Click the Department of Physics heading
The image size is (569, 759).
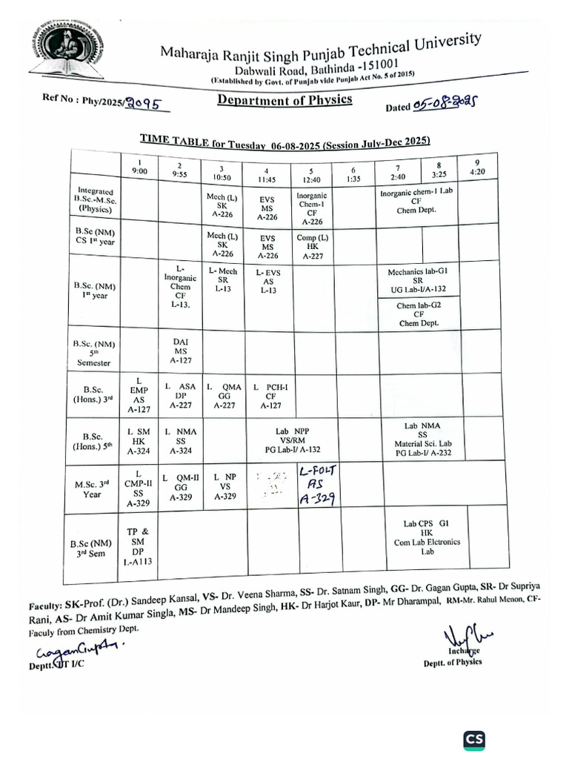coord(284,100)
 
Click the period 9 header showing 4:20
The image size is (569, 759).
coord(479,166)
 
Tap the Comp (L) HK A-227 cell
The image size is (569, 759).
coord(312,246)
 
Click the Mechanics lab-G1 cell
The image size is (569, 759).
coord(418,280)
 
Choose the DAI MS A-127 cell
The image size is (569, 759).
coord(181,351)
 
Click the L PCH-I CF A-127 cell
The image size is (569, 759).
coord(270,396)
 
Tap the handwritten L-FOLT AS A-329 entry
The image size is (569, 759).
coord(316,485)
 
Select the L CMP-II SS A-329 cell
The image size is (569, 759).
coord(138,487)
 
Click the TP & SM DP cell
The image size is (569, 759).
coord(138,547)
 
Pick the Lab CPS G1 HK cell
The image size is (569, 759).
coord(427,537)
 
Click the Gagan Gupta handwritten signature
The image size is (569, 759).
coord(78,650)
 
